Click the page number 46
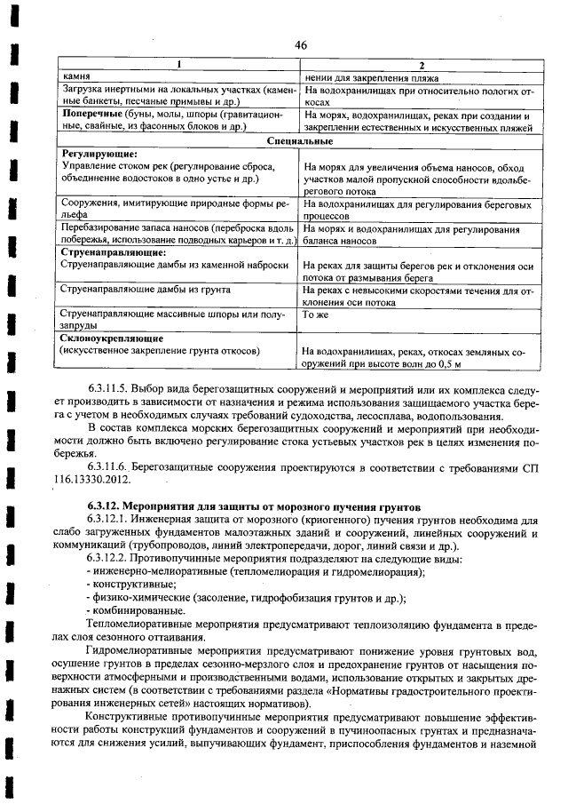point(301,45)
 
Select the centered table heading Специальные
point(300,140)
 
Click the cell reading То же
point(316,314)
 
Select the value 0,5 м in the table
point(462,364)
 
